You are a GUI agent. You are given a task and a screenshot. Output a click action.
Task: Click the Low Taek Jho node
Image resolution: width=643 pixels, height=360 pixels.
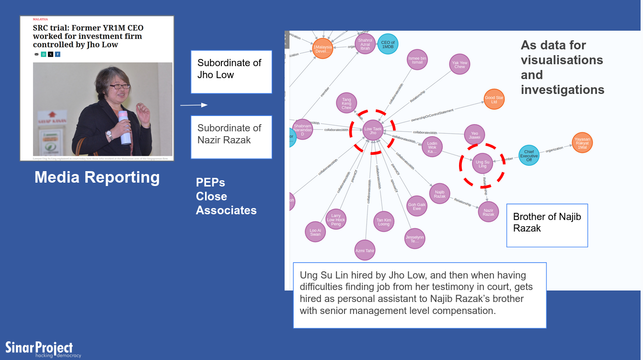point(373,130)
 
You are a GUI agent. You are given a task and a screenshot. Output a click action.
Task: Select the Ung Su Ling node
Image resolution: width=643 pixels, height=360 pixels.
point(482,164)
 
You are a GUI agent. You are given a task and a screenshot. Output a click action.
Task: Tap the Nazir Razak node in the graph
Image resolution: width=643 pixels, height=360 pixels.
point(488,212)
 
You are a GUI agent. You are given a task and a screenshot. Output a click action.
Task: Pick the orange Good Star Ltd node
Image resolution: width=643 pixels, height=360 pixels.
point(494,99)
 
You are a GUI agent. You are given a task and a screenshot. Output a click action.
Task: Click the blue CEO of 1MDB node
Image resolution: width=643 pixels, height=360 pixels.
point(388,44)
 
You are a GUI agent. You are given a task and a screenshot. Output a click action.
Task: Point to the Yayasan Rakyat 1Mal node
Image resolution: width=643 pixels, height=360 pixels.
point(582,142)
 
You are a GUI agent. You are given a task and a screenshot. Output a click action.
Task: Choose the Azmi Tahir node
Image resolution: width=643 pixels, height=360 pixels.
point(365,250)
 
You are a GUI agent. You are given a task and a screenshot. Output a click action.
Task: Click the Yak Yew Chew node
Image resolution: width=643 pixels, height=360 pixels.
point(459,64)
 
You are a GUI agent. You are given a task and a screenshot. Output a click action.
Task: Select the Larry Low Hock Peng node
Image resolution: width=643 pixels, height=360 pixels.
point(336,220)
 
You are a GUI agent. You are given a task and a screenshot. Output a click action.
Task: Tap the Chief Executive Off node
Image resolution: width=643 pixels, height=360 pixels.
point(529,155)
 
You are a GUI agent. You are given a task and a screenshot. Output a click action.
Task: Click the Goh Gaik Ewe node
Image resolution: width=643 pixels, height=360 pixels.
point(417,206)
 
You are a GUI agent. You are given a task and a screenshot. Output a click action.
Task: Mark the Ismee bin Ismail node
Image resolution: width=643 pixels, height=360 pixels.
point(417,59)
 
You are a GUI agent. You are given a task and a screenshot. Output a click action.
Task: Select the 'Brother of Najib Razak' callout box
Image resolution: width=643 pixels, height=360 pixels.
point(547,225)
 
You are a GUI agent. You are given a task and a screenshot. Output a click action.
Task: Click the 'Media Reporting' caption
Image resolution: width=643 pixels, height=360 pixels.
point(97,177)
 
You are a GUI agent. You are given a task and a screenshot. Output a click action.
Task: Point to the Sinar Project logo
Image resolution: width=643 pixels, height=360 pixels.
point(39,348)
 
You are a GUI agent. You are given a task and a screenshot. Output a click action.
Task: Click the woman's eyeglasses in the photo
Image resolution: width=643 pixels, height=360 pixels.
point(119,87)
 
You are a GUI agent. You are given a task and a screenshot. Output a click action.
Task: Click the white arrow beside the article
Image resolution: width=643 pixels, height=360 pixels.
point(194,105)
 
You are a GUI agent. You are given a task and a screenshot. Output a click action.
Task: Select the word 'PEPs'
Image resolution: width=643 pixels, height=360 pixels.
point(210,183)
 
